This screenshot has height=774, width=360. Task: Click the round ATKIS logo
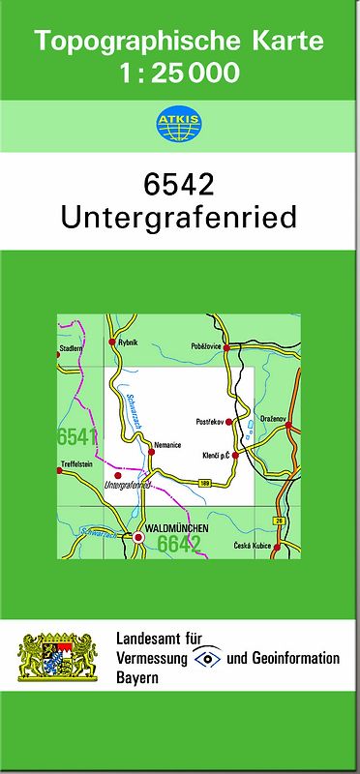point(179,124)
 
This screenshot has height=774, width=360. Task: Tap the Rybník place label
point(127,342)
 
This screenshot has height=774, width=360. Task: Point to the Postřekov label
point(210,421)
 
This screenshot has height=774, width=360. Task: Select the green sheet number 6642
point(178,545)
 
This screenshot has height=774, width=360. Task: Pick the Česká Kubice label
point(255,547)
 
